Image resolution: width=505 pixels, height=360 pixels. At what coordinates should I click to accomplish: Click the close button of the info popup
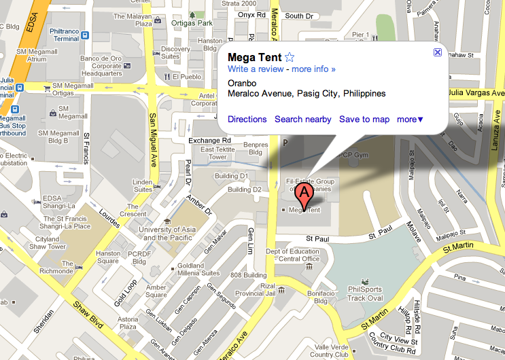pyautogui.click(x=438, y=52)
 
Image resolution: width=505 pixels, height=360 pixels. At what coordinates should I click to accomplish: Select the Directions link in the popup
pyautogui.click(x=247, y=120)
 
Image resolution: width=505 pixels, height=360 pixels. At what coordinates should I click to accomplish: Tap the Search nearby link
pyautogui.click(x=303, y=120)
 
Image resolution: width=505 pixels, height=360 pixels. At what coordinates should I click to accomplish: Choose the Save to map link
pyautogui.click(x=364, y=120)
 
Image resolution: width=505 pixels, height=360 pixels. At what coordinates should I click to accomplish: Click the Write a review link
pyautogui.click(x=256, y=69)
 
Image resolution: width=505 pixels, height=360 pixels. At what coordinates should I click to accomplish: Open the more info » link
pyautogui.click(x=313, y=69)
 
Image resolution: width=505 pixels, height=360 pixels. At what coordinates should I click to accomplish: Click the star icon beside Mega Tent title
pyautogui.click(x=290, y=57)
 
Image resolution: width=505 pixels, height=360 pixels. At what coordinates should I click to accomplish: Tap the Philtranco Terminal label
pyautogui.click(x=65, y=35)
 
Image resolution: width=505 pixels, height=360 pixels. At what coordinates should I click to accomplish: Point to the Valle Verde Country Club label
pyautogui.click(x=329, y=350)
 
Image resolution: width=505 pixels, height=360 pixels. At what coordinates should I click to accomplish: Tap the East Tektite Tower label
pyautogui.click(x=213, y=153)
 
